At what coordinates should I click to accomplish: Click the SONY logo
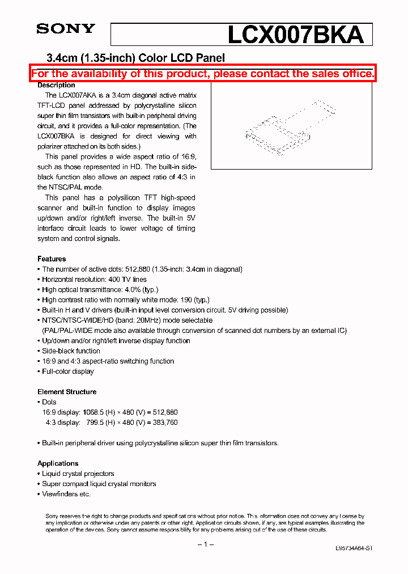66,29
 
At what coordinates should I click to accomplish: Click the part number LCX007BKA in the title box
295,35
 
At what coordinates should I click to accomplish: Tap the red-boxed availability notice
203,73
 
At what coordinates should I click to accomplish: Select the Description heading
56,85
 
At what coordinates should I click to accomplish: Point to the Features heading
52,259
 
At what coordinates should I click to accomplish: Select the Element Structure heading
67,392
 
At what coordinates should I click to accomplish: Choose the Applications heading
58,463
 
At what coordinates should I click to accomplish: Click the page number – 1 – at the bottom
205,545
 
